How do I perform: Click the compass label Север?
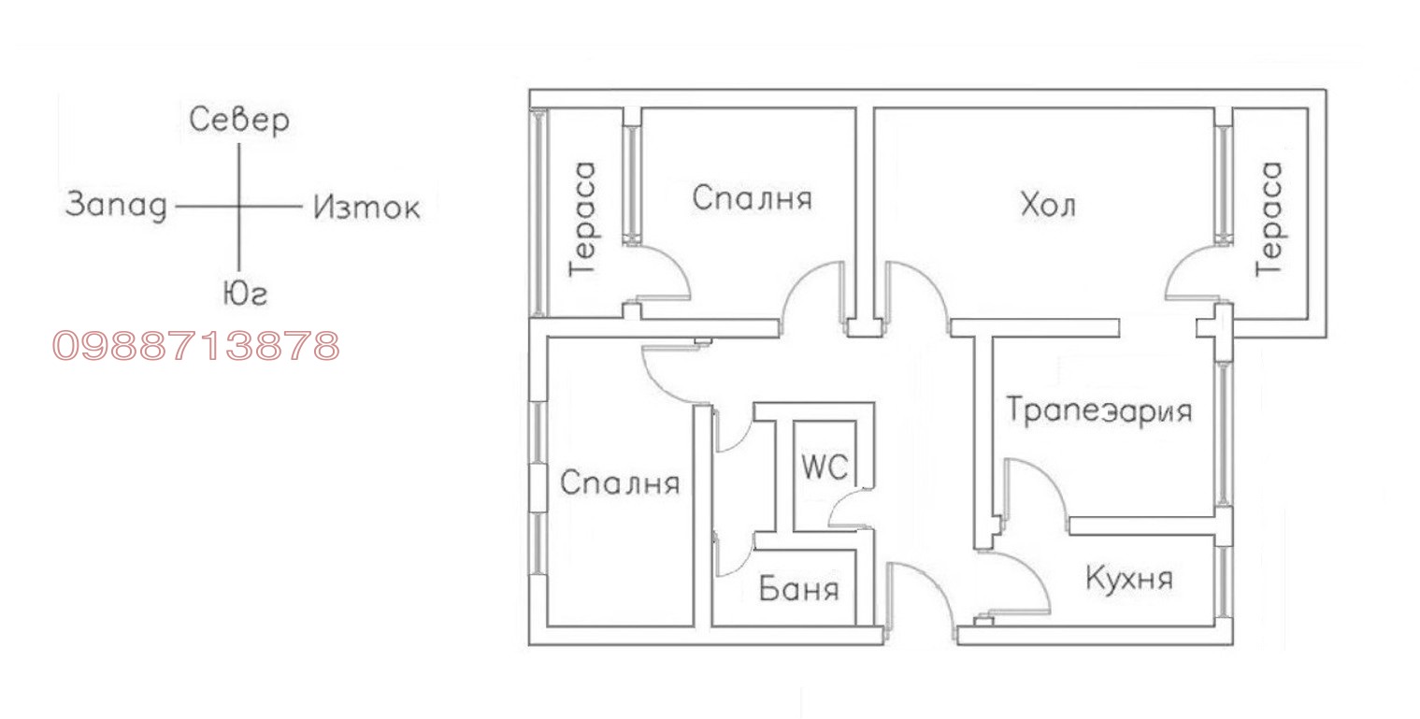(239, 121)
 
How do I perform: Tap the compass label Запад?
(115, 205)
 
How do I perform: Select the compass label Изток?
(366, 207)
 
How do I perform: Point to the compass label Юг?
(245, 295)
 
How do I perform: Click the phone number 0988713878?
(195, 346)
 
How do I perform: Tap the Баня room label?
(798, 590)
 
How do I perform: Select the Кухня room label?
(1128, 578)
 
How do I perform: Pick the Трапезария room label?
(1098, 410)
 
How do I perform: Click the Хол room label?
(1047, 204)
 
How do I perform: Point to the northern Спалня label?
(752, 198)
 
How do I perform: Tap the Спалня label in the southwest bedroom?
(620, 483)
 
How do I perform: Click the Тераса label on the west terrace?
(583, 219)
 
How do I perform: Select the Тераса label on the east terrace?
(1269, 219)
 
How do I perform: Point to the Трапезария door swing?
(1033, 486)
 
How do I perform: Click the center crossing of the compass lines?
(239, 206)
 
